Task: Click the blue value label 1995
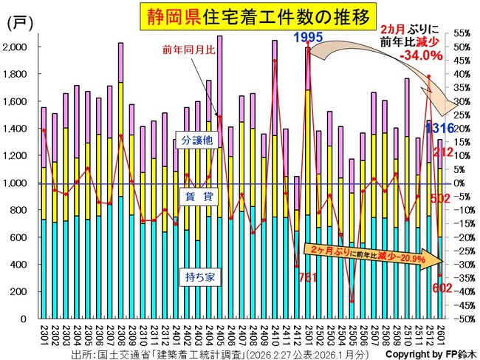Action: pos(308,37)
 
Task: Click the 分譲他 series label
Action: pos(196,140)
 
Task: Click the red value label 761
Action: pos(307,278)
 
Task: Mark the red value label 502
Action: pos(442,198)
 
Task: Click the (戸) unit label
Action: pos(18,23)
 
